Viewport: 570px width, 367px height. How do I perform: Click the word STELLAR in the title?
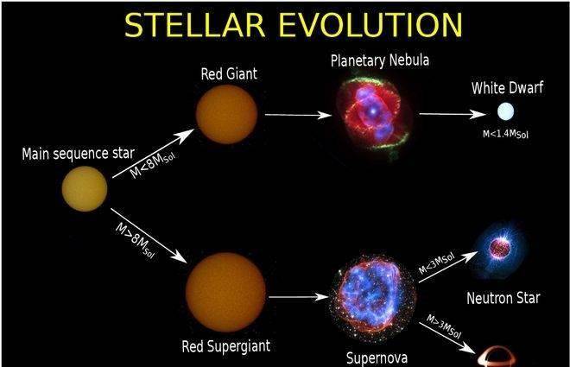[x=194, y=25]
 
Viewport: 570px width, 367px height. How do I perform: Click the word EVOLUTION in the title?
[x=370, y=25]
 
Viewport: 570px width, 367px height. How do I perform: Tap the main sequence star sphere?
[x=85, y=188]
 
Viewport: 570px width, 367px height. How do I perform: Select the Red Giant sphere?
[x=226, y=114]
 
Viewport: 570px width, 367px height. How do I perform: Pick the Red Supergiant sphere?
[x=225, y=292]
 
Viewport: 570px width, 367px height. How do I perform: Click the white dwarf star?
[x=505, y=111]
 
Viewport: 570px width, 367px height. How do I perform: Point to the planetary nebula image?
[x=373, y=116]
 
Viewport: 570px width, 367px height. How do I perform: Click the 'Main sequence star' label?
[x=78, y=154]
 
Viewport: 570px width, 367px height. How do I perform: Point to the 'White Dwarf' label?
[x=507, y=88]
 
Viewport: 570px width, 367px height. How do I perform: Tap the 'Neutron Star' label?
[x=503, y=298]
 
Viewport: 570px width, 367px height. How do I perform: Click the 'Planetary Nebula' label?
[x=380, y=60]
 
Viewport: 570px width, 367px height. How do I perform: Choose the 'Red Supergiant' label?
[x=225, y=346]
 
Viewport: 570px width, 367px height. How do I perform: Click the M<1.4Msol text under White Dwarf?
[x=505, y=134]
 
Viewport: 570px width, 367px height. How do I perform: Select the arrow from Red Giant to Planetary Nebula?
[x=298, y=115]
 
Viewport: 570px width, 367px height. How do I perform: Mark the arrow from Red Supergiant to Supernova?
[x=299, y=297]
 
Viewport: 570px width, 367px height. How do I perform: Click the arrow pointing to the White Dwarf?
[x=453, y=114]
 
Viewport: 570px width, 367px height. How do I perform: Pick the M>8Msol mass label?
[x=135, y=240]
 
